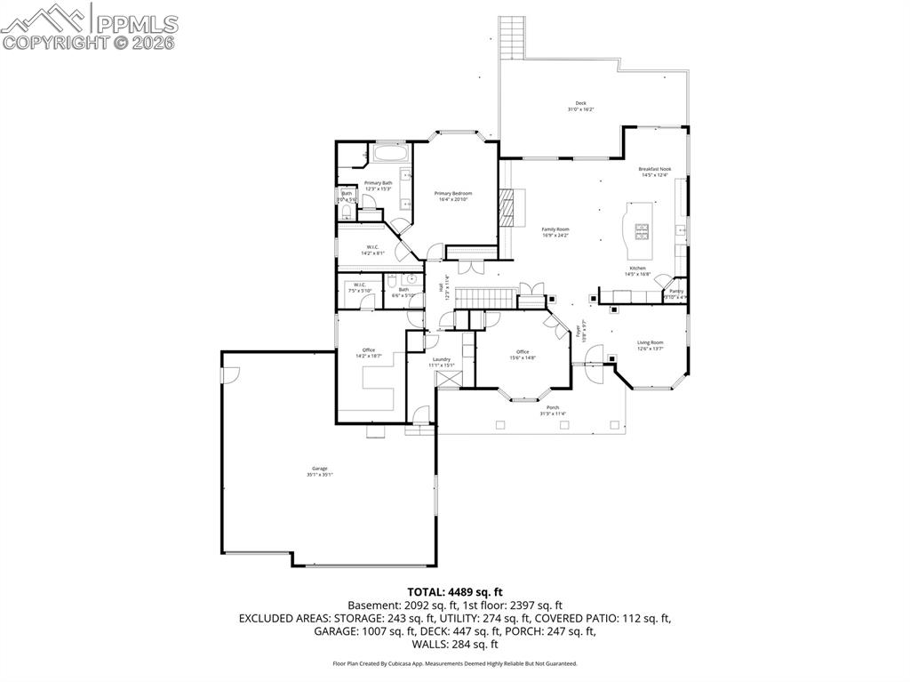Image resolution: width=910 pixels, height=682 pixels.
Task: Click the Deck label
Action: coord(580,103)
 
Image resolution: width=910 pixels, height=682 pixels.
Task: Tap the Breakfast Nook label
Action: coord(654,169)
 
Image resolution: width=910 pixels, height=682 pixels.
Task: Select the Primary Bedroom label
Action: coord(452,194)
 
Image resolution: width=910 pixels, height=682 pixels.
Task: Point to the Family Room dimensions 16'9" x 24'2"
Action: coord(555,236)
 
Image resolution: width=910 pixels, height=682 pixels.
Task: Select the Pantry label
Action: coord(676,292)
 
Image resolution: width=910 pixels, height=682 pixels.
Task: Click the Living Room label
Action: coord(650,342)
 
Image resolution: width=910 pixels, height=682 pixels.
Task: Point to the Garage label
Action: coord(319,469)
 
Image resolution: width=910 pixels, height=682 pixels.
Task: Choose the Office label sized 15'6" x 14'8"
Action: coord(522,352)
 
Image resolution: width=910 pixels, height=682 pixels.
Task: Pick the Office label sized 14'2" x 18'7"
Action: coord(368,349)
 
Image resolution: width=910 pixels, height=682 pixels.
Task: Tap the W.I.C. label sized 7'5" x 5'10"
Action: coord(360,285)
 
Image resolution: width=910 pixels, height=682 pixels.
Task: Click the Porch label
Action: coord(552,407)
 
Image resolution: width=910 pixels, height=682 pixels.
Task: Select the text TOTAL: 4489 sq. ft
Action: coord(455,591)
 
